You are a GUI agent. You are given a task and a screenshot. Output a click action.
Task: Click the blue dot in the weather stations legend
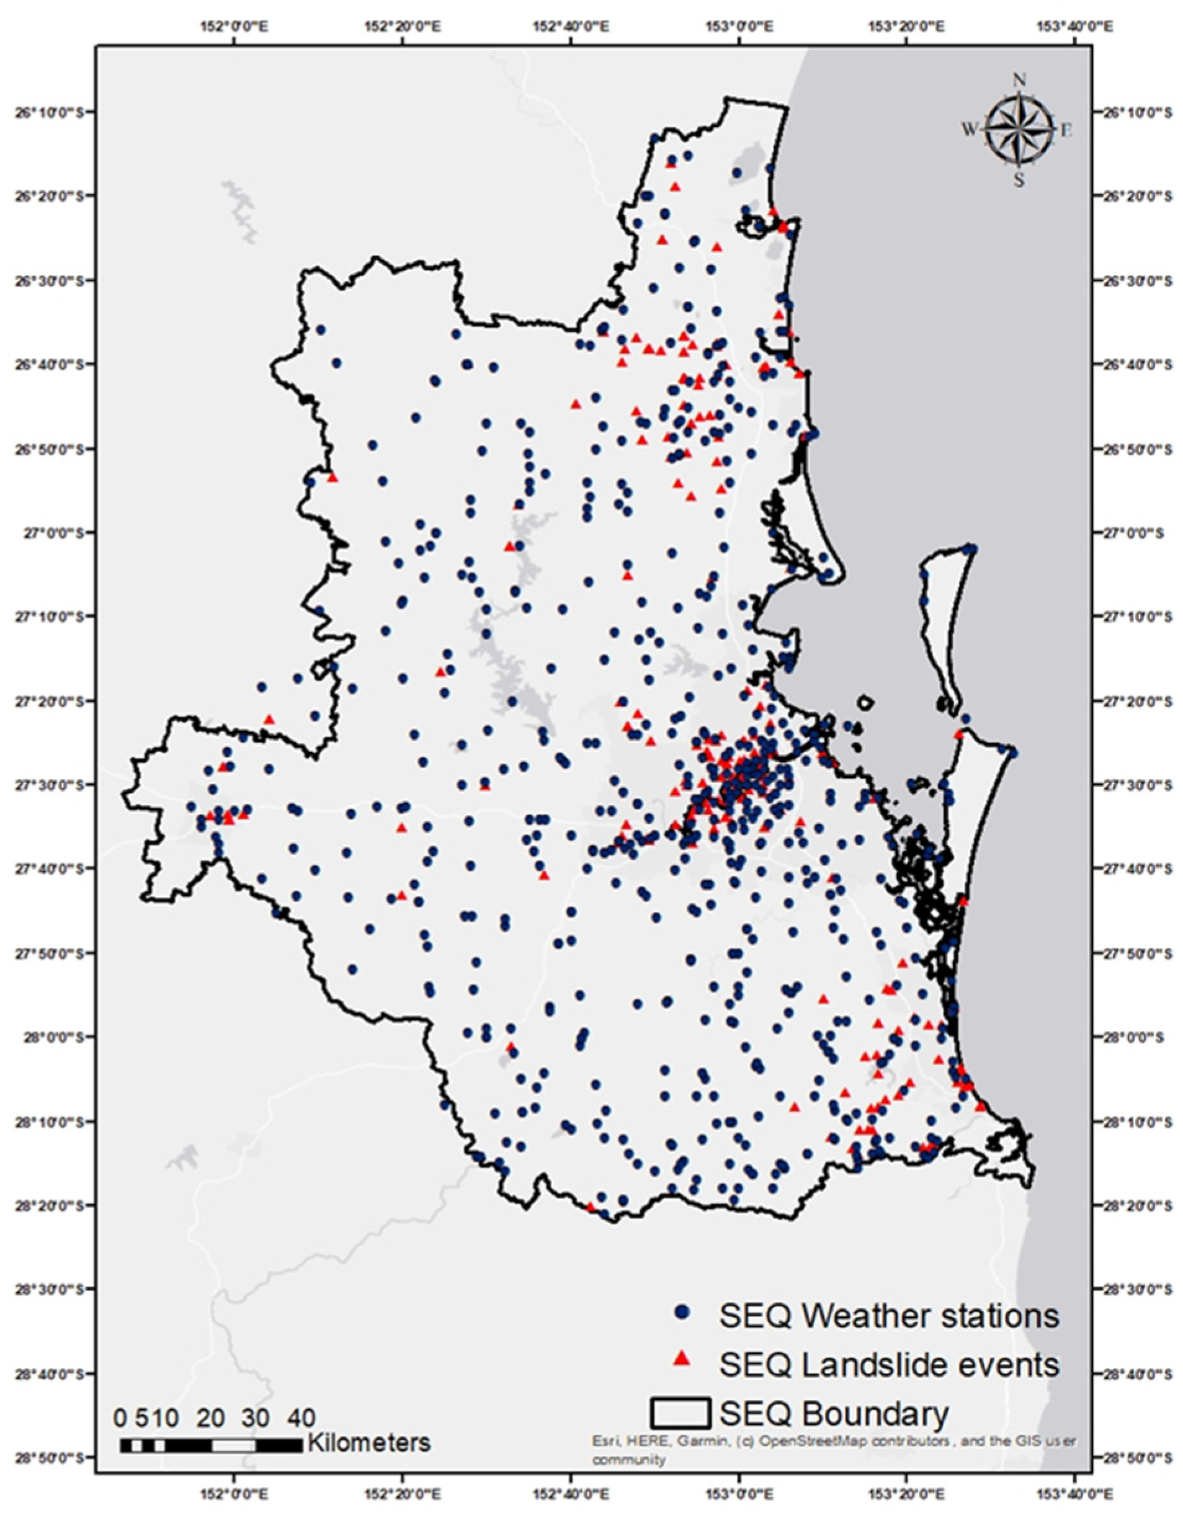click(682, 1313)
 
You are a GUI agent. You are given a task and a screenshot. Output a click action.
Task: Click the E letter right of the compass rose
click(1066, 129)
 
